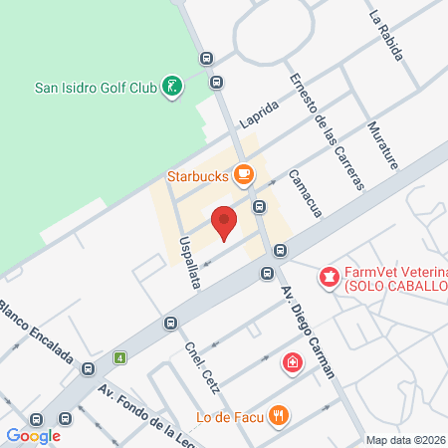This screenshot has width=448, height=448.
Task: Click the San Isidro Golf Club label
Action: coord(95,87)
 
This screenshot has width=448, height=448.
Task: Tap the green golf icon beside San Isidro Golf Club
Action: coord(173,87)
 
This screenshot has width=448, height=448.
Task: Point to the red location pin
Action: coord(225,222)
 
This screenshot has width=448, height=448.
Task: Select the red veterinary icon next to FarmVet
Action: coord(327,276)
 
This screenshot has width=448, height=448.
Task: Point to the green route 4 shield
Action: coord(120,357)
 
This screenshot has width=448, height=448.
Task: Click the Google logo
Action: coord(34,435)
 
